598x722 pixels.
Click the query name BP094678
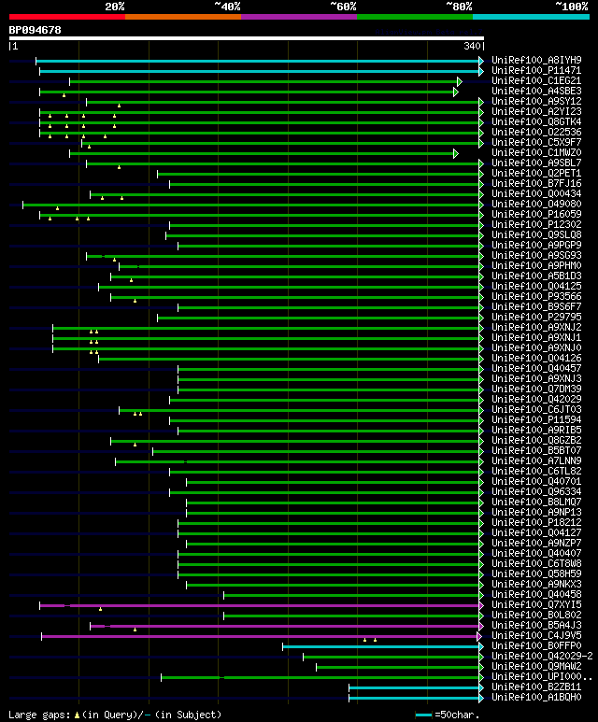35,30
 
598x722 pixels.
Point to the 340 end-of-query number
472,46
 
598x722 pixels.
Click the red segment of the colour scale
66,16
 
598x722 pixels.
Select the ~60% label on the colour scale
343,6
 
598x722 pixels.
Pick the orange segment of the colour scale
182,16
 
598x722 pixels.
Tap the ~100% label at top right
571,6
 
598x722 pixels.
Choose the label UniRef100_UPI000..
542,677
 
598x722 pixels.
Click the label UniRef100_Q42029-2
542,657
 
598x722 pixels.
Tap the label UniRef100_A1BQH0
536,698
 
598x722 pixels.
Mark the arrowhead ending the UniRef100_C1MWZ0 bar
456,153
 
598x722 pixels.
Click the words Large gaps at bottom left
37,715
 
